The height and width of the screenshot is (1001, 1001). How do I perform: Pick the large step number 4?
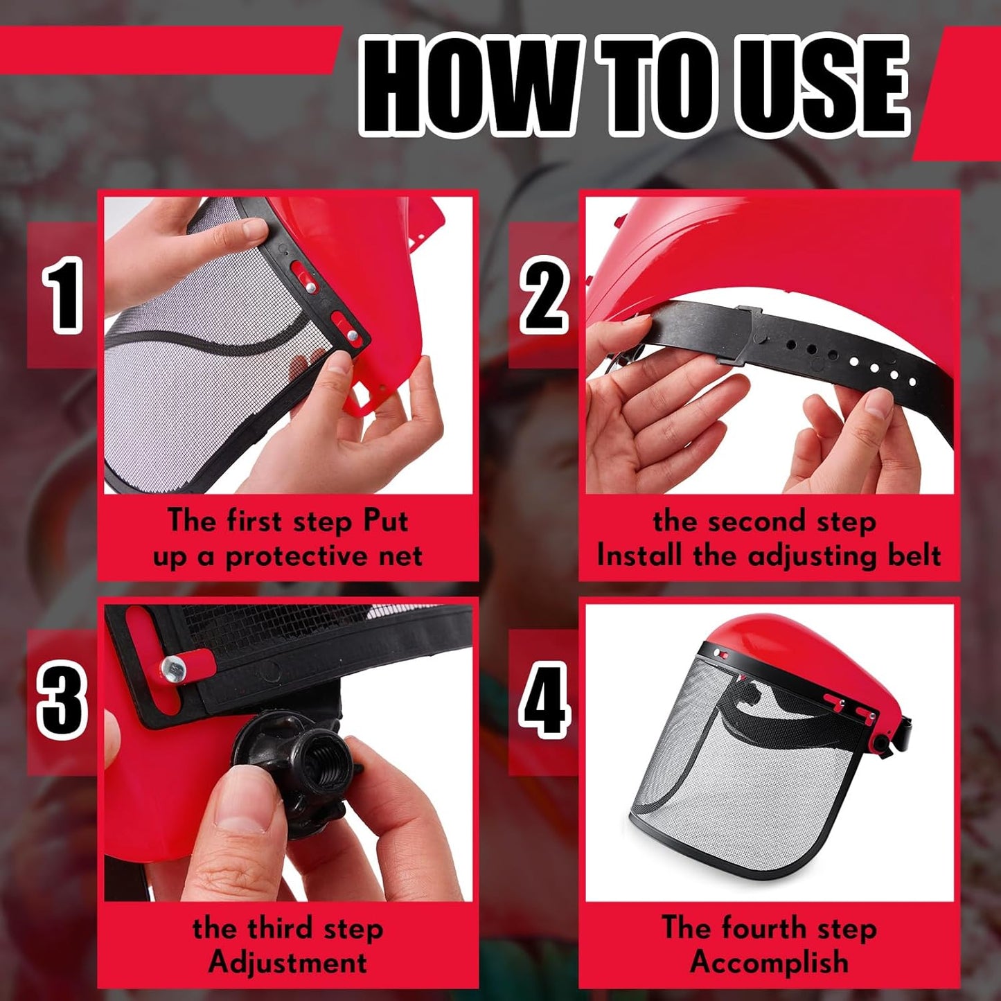(x=544, y=701)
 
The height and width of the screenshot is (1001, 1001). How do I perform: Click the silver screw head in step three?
(x=173, y=668)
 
